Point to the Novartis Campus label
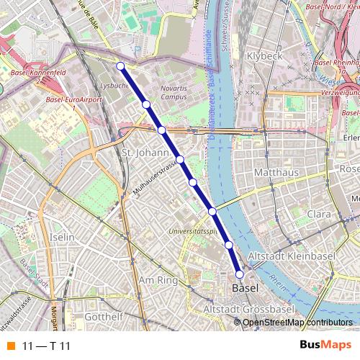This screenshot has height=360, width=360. (x=174, y=91)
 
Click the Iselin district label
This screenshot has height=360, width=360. (x=63, y=237)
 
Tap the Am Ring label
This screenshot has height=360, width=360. (x=157, y=280)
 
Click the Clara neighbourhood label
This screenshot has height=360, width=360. (x=319, y=215)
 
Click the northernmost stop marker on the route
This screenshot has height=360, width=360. (x=120, y=66)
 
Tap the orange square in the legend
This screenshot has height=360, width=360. (x=10, y=346)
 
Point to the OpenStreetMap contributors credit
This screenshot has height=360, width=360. (x=297, y=322)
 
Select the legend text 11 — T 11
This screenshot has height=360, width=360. (x=47, y=346)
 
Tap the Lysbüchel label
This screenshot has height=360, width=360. (x=114, y=85)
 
